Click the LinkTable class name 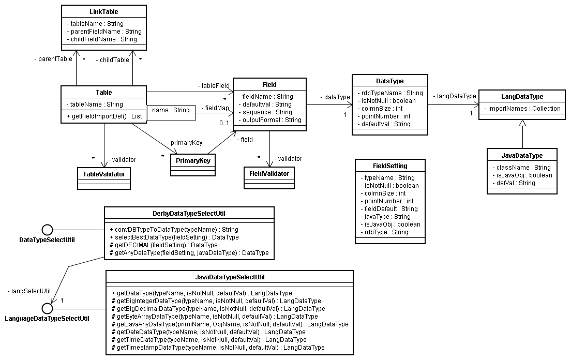pyautogui.click(x=104, y=11)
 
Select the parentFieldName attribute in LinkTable pyautogui.click(x=104, y=31)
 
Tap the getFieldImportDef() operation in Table pyautogui.click(x=104, y=116)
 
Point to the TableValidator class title pyautogui.click(x=103, y=174)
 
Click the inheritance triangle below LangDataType pyautogui.click(x=522, y=123)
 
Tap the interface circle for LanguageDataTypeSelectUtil pyautogui.click(x=48, y=308)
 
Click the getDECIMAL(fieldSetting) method pyautogui.click(x=163, y=245)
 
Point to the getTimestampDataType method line pyautogui.click(x=218, y=347)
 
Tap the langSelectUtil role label pyautogui.click(x=29, y=291)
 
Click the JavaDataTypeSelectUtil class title pyautogui.click(x=230, y=277)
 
